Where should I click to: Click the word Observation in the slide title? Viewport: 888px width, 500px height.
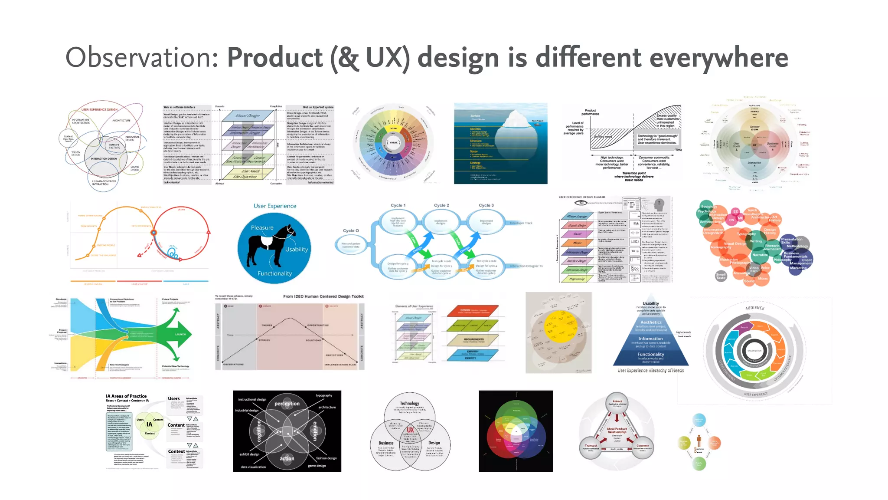click(x=141, y=58)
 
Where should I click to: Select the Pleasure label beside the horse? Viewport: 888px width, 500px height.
click(x=262, y=227)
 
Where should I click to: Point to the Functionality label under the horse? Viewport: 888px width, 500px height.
click(x=274, y=273)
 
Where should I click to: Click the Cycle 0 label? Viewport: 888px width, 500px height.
click(x=351, y=230)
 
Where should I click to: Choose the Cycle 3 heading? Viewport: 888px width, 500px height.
click(x=486, y=205)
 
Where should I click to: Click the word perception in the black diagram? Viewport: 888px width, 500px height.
click(x=287, y=404)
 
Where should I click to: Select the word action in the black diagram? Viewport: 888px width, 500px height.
click(x=287, y=458)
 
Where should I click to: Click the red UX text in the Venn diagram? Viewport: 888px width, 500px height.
click(x=410, y=430)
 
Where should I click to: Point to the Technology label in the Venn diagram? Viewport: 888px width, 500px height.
click(x=409, y=403)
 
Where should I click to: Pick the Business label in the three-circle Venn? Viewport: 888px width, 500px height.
click(x=385, y=443)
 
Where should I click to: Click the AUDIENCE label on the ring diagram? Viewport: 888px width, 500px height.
click(x=754, y=308)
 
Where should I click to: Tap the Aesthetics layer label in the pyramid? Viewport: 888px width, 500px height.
click(x=651, y=322)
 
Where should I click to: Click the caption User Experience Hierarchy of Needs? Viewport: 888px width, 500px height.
click(x=650, y=371)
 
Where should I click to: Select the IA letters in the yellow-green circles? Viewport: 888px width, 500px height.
click(x=149, y=424)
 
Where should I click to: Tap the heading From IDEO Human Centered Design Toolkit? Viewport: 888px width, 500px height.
click(x=323, y=296)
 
